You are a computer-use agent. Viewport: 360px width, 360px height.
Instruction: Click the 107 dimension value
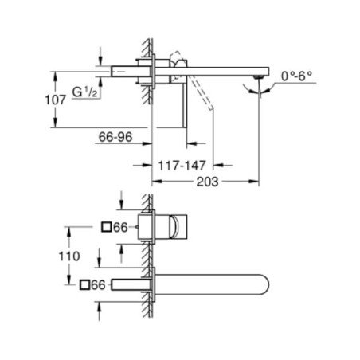click(55, 100)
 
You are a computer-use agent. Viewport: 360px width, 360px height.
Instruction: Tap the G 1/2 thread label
click(84, 92)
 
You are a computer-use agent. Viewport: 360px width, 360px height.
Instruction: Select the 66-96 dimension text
click(115, 137)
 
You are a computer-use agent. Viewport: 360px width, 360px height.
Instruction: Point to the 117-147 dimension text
click(182, 166)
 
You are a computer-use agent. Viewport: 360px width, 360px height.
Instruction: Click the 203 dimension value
click(207, 182)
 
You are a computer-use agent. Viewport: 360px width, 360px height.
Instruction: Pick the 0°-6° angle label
click(296, 76)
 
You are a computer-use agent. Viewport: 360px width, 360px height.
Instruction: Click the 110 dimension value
click(69, 256)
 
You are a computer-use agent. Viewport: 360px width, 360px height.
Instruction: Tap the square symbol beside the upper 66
click(107, 228)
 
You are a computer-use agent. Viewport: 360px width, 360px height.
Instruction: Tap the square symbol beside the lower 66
click(84, 285)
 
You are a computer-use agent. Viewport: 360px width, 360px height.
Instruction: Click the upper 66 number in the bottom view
click(120, 228)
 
